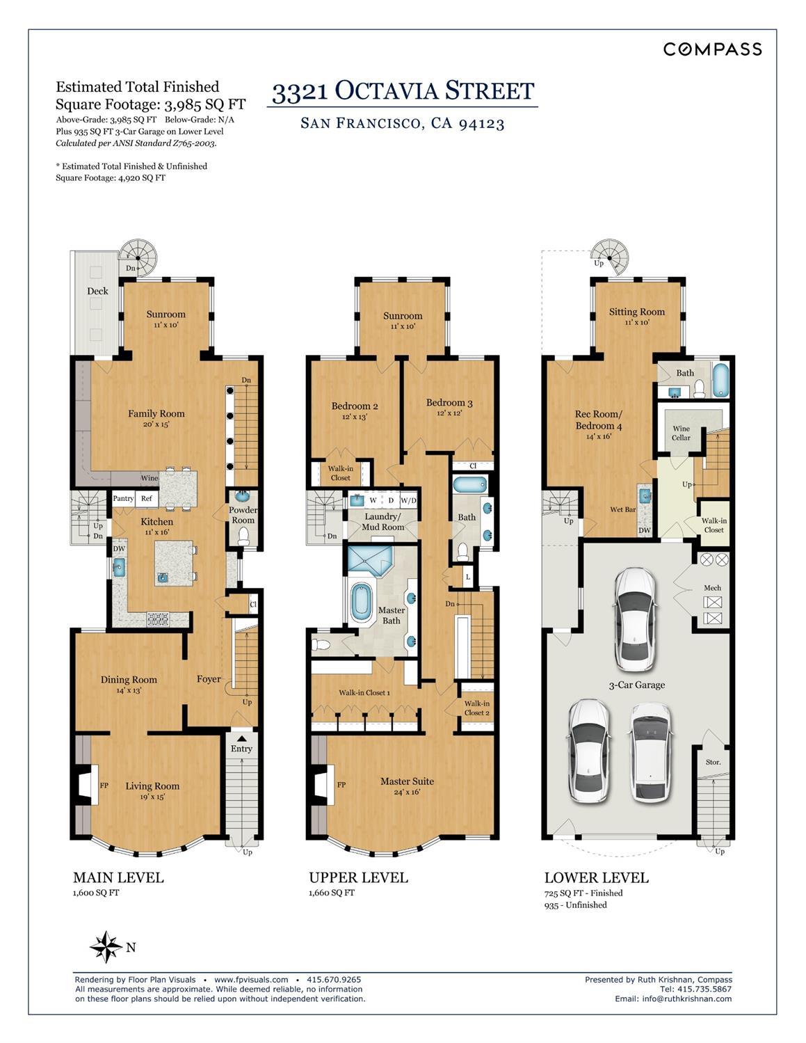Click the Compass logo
[x=712, y=49]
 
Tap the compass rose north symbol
[x=106, y=946]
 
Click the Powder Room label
[x=243, y=515]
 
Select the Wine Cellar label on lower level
[x=681, y=433]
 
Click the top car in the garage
[x=636, y=618]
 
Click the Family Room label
[x=156, y=413]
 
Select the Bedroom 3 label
[x=449, y=403]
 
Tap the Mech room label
[x=712, y=588]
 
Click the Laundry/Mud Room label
[x=382, y=521]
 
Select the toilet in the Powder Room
[x=243, y=535]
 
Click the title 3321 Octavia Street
[x=403, y=91]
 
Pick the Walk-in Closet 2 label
[x=477, y=708]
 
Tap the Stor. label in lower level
[x=713, y=762]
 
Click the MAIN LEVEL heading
[x=118, y=877]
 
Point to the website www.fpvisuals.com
[x=250, y=979]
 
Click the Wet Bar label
[x=623, y=509]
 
